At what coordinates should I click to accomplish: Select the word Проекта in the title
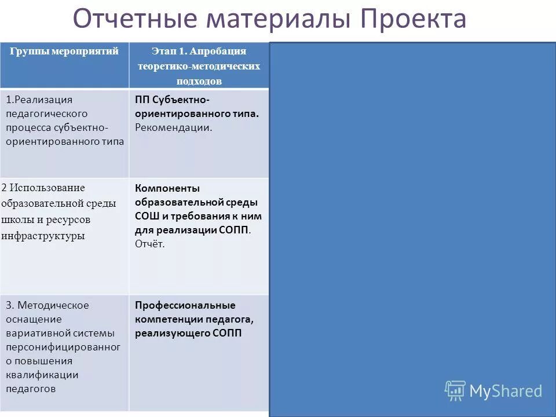point(414,19)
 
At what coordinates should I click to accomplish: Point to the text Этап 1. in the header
point(169,52)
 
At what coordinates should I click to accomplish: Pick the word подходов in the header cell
point(199,82)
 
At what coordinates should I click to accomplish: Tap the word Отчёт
point(150,244)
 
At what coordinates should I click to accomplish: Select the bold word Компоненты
point(167,188)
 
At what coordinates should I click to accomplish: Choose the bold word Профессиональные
point(185,305)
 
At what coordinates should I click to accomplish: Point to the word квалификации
point(42,375)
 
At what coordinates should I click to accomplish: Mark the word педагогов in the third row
point(31,389)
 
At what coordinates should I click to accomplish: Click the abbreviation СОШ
point(147,216)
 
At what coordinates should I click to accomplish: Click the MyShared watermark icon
point(455,391)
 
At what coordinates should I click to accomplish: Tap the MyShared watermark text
point(506,391)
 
